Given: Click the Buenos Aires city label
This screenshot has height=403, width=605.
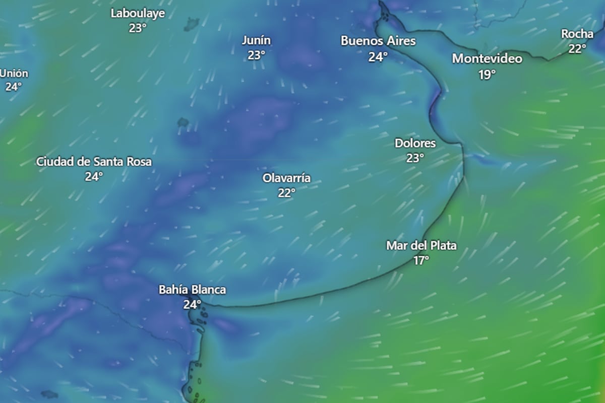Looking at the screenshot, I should coord(378,41).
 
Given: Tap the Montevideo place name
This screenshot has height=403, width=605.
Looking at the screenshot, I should coord(487,58).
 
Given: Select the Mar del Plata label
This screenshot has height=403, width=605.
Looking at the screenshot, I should coord(421,246).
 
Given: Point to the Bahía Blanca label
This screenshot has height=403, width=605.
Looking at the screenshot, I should coord(192,290).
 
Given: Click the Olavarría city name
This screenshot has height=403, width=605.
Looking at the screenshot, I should coord(286,178).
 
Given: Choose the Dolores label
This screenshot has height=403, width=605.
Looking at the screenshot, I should coord(415,143).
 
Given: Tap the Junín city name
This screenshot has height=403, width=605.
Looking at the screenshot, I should coord(256,40).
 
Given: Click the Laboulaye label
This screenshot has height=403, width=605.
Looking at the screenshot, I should coord(138,14).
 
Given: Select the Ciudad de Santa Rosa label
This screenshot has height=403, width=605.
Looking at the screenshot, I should coord(94,162).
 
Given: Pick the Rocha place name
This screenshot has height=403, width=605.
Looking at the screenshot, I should coord(577,34).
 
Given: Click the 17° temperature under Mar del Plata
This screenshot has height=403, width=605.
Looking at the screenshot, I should coord(421,260).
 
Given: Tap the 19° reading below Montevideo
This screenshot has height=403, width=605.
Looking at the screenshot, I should coord(487,75).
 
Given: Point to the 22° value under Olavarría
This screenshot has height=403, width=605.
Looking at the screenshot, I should coord(286,192).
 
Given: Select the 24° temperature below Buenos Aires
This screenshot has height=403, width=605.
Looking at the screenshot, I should coord(378,57).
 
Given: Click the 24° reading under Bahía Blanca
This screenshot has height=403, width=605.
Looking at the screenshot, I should coord(192,304).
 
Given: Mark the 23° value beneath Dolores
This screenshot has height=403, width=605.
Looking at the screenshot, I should coord(415,158).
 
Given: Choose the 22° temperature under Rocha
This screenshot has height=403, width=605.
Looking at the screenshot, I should coord(577,49).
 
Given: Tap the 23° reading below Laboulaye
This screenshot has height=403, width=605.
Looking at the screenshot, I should coord(138,28).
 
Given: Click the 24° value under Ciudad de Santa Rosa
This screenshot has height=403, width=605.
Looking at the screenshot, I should coord(94,176).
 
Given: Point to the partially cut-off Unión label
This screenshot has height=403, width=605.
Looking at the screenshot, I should coord(14,74).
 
